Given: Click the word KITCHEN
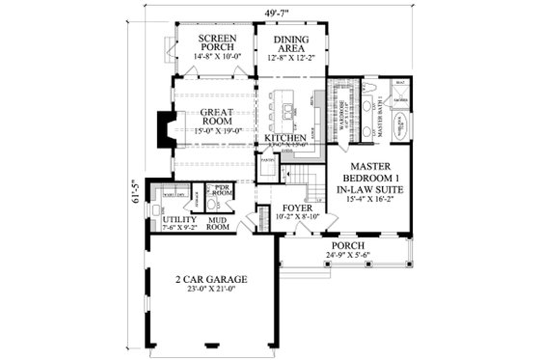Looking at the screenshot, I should (285, 139).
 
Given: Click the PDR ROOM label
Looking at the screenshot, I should (221, 189).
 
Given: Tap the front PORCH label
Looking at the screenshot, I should (348, 244).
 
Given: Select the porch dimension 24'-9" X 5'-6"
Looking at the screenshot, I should (348, 255).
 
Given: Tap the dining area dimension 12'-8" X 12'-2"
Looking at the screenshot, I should (288, 56).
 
